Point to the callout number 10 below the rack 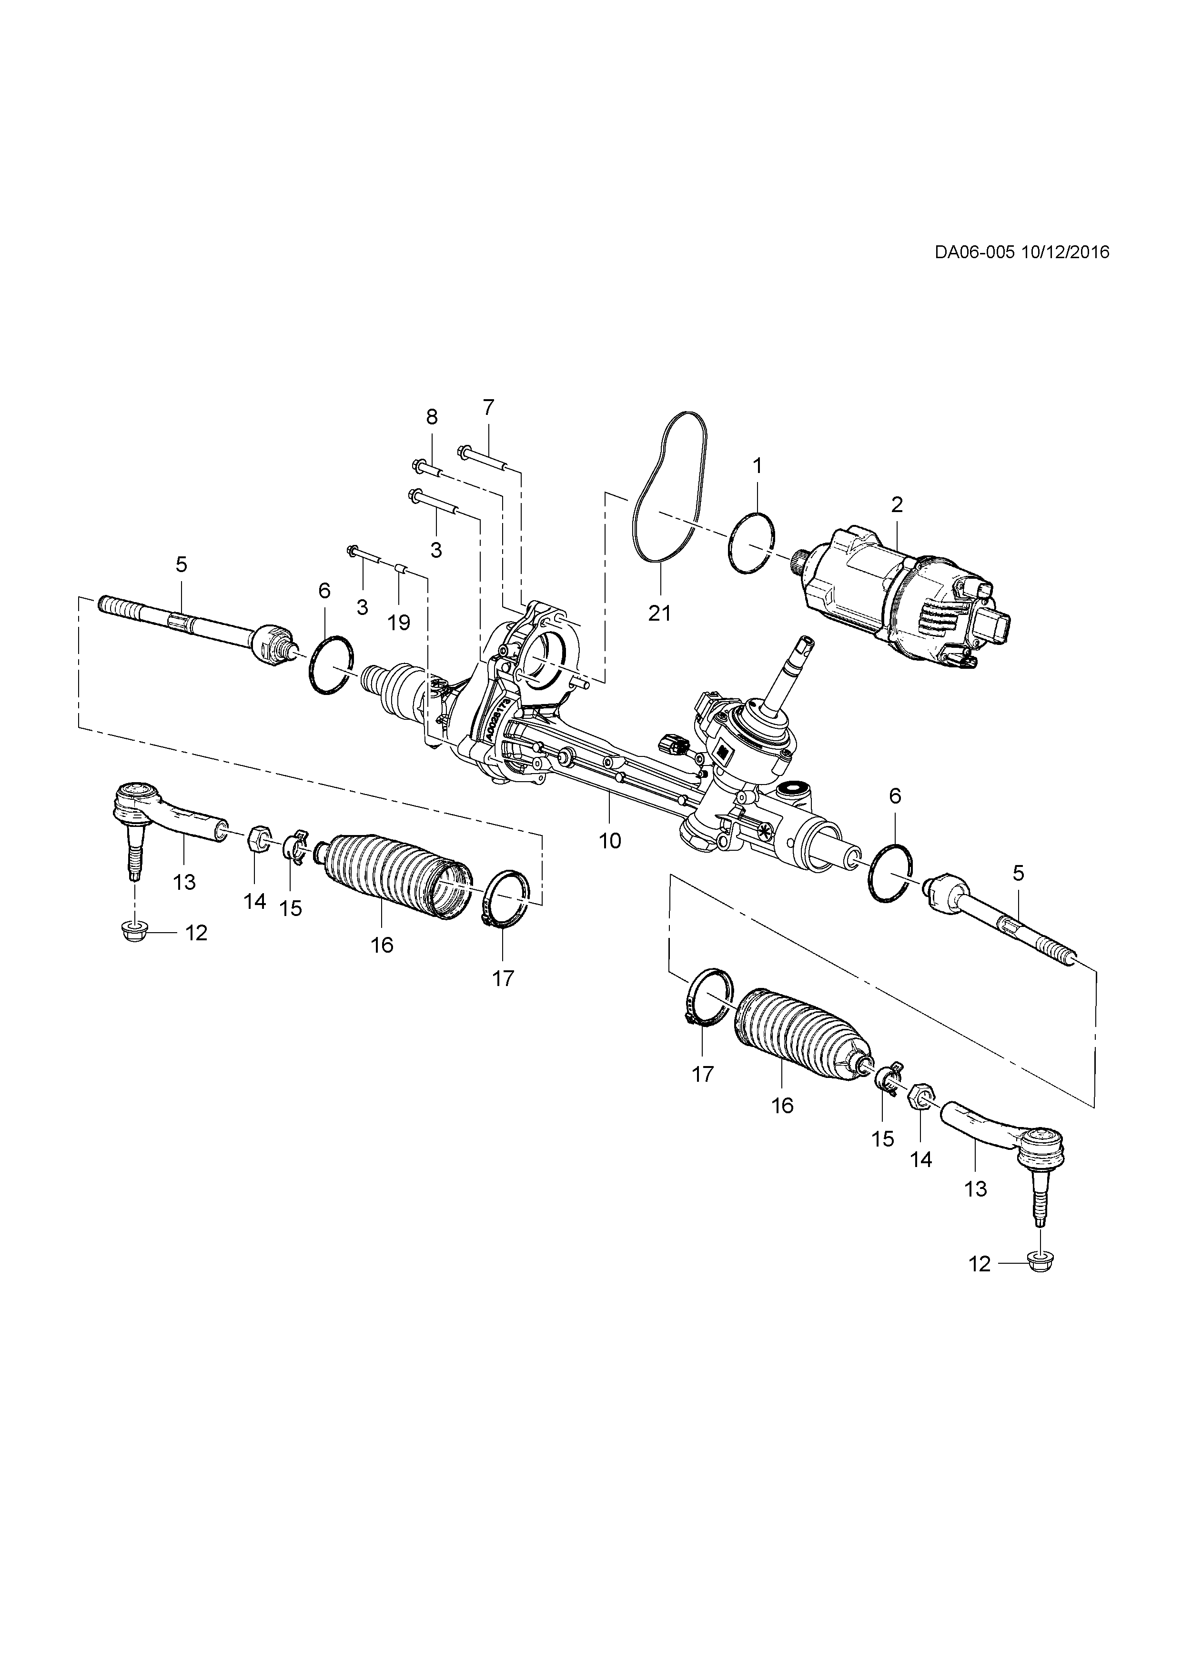(x=610, y=841)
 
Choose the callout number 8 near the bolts (x=432, y=417)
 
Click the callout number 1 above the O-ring (x=757, y=466)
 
